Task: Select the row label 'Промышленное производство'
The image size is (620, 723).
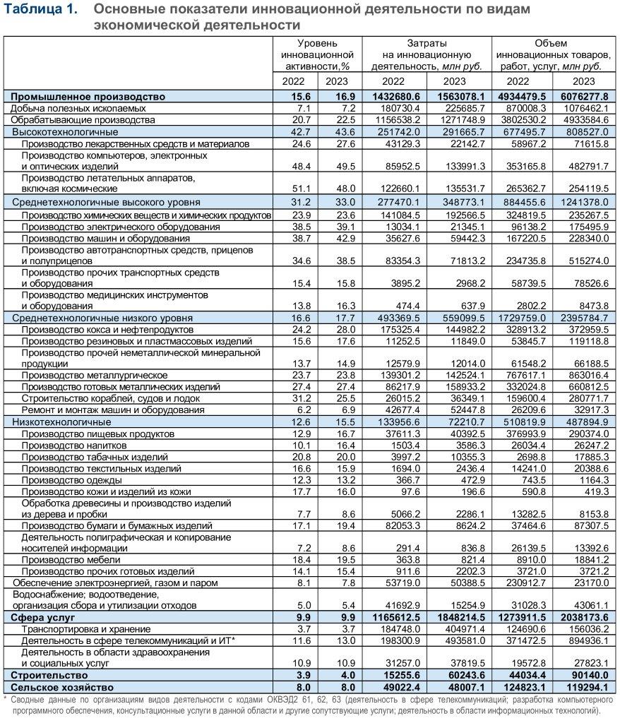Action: (88, 96)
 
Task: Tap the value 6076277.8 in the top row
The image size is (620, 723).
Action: (584, 96)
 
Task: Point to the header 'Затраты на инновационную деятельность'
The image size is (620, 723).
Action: (427, 54)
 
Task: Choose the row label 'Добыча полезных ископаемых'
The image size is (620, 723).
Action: (78, 108)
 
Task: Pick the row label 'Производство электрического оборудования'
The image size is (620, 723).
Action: (120, 227)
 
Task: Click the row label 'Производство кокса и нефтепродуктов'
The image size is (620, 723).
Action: (107, 330)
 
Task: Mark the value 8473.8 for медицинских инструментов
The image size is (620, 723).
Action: (590, 306)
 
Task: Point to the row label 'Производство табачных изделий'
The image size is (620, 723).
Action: (95, 457)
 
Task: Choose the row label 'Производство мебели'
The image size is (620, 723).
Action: (72, 559)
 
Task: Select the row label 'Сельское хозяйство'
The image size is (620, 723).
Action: (62, 686)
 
